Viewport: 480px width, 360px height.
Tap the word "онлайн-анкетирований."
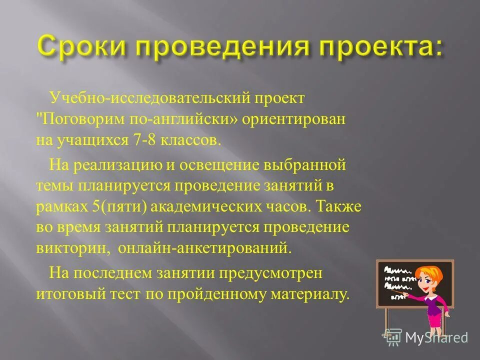pos(204,247)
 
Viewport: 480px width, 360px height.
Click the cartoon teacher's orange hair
pos(430,272)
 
